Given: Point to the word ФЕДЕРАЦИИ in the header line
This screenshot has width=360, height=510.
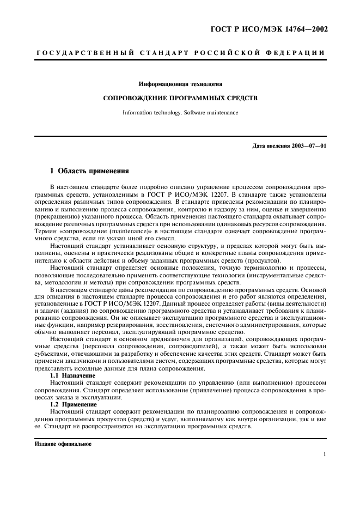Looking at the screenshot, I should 298,53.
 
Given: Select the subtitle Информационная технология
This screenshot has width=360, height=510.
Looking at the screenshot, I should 180,84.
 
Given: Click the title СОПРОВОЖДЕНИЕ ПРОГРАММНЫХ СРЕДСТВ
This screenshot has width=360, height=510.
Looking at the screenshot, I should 180,99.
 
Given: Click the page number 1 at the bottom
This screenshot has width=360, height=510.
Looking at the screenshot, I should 324,454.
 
